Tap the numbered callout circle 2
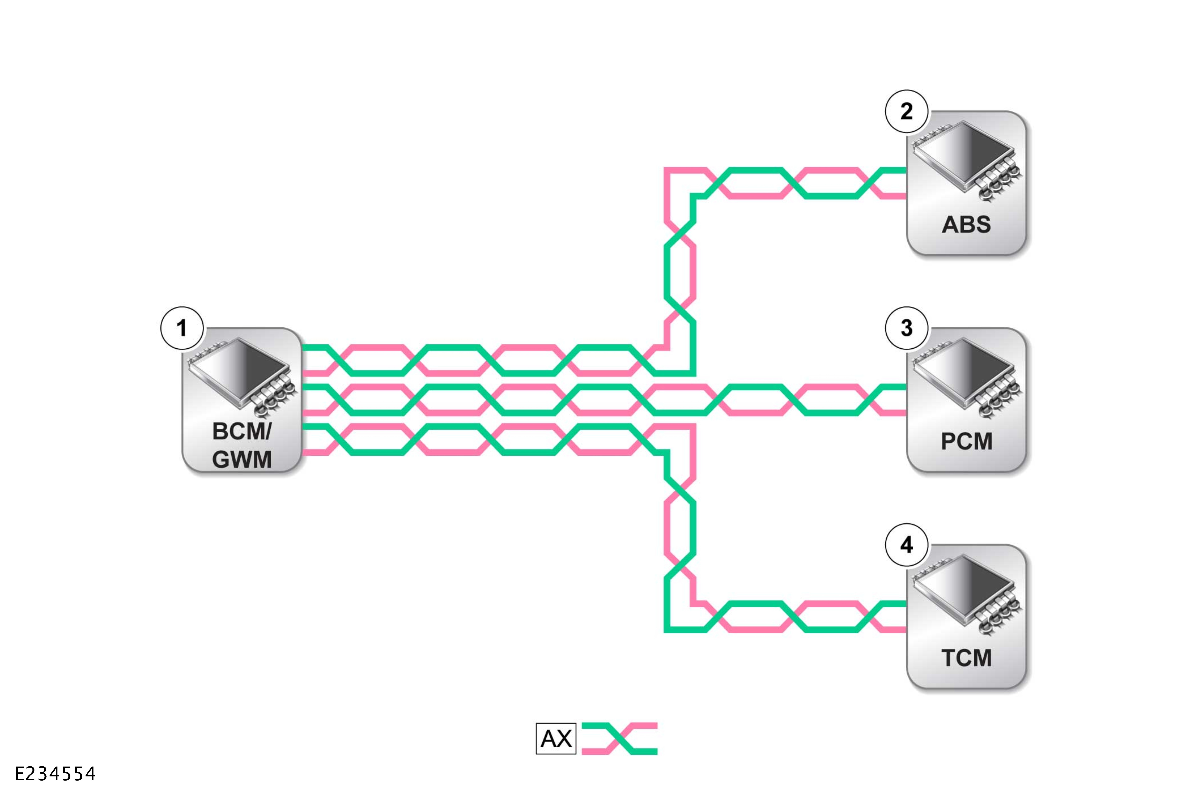click(906, 111)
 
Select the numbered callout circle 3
click(906, 328)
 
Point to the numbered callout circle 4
click(906, 545)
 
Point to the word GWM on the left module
click(241, 459)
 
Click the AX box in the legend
click(556, 738)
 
